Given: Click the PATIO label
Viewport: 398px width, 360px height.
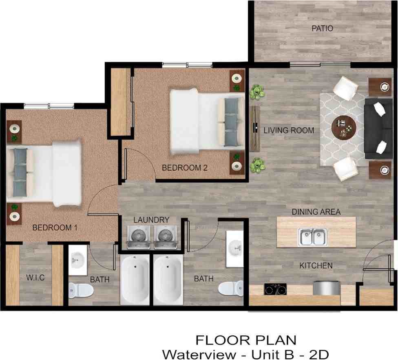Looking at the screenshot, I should tap(322, 29).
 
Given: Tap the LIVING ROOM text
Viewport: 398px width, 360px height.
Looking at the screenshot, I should tap(289, 131).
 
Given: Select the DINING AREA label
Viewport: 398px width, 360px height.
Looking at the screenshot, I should tap(316, 212).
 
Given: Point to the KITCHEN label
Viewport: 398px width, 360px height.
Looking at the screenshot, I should tap(316, 266).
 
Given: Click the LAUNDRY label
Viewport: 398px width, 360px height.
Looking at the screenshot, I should tap(151, 220).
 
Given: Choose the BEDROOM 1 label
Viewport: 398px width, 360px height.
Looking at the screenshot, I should tap(55, 228).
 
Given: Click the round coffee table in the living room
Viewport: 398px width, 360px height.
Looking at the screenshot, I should tap(344, 127).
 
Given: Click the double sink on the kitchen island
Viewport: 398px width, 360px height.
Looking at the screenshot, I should tap(313, 237).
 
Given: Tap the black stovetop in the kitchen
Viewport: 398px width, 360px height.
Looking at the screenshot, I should tap(275, 289).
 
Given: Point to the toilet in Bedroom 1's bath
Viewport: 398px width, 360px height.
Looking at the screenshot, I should tap(81, 290).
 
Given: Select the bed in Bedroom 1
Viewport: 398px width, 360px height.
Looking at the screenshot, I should tap(45, 173).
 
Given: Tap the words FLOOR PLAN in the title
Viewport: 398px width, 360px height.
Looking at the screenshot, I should tap(245, 340).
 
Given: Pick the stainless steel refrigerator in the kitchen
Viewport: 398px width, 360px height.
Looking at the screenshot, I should tap(326, 288).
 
